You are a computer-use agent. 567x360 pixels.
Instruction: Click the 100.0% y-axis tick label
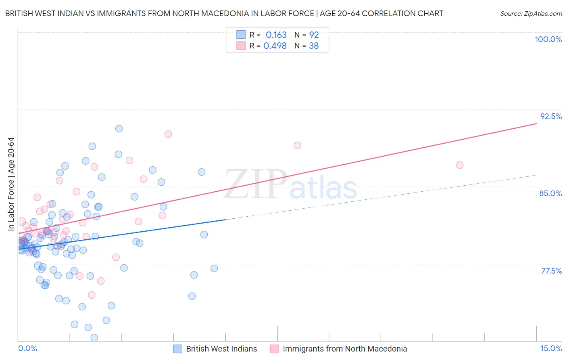click(x=548, y=39)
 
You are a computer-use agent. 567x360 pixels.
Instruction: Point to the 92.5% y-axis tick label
click(x=551, y=116)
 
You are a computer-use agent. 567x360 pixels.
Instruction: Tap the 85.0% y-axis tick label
click(x=550, y=193)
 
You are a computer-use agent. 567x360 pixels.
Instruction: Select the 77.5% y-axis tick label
click(x=551, y=271)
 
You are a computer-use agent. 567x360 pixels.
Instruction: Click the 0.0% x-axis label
click(x=27, y=348)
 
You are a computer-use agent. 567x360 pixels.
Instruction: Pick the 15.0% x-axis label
click(x=551, y=348)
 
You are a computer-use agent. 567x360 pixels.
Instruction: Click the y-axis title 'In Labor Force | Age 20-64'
click(x=11, y=184)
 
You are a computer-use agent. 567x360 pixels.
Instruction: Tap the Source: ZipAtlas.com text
click(x=531, y=13)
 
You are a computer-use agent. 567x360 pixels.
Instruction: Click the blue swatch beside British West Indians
click(x=178, y=349)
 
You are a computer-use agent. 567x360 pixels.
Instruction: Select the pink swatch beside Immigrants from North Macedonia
click(x=275, y=349)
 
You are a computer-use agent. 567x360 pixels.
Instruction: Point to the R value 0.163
click(x=276, y=35)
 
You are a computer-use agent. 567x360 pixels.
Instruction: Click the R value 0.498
click(x=275, y=46)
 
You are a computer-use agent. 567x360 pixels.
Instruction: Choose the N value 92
click(x=314, y=35)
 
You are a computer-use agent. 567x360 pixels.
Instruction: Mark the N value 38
click(x=314, y=46)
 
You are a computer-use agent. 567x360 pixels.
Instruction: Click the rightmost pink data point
click(x=460, y=165)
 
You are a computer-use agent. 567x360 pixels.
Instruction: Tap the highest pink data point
click(x=168, y=134)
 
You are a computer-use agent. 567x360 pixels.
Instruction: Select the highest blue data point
click(x=119, y=129)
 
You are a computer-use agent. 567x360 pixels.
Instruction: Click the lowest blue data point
click(x=94, y=337)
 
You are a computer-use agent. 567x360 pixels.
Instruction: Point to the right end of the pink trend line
click(x=536, y=123)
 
